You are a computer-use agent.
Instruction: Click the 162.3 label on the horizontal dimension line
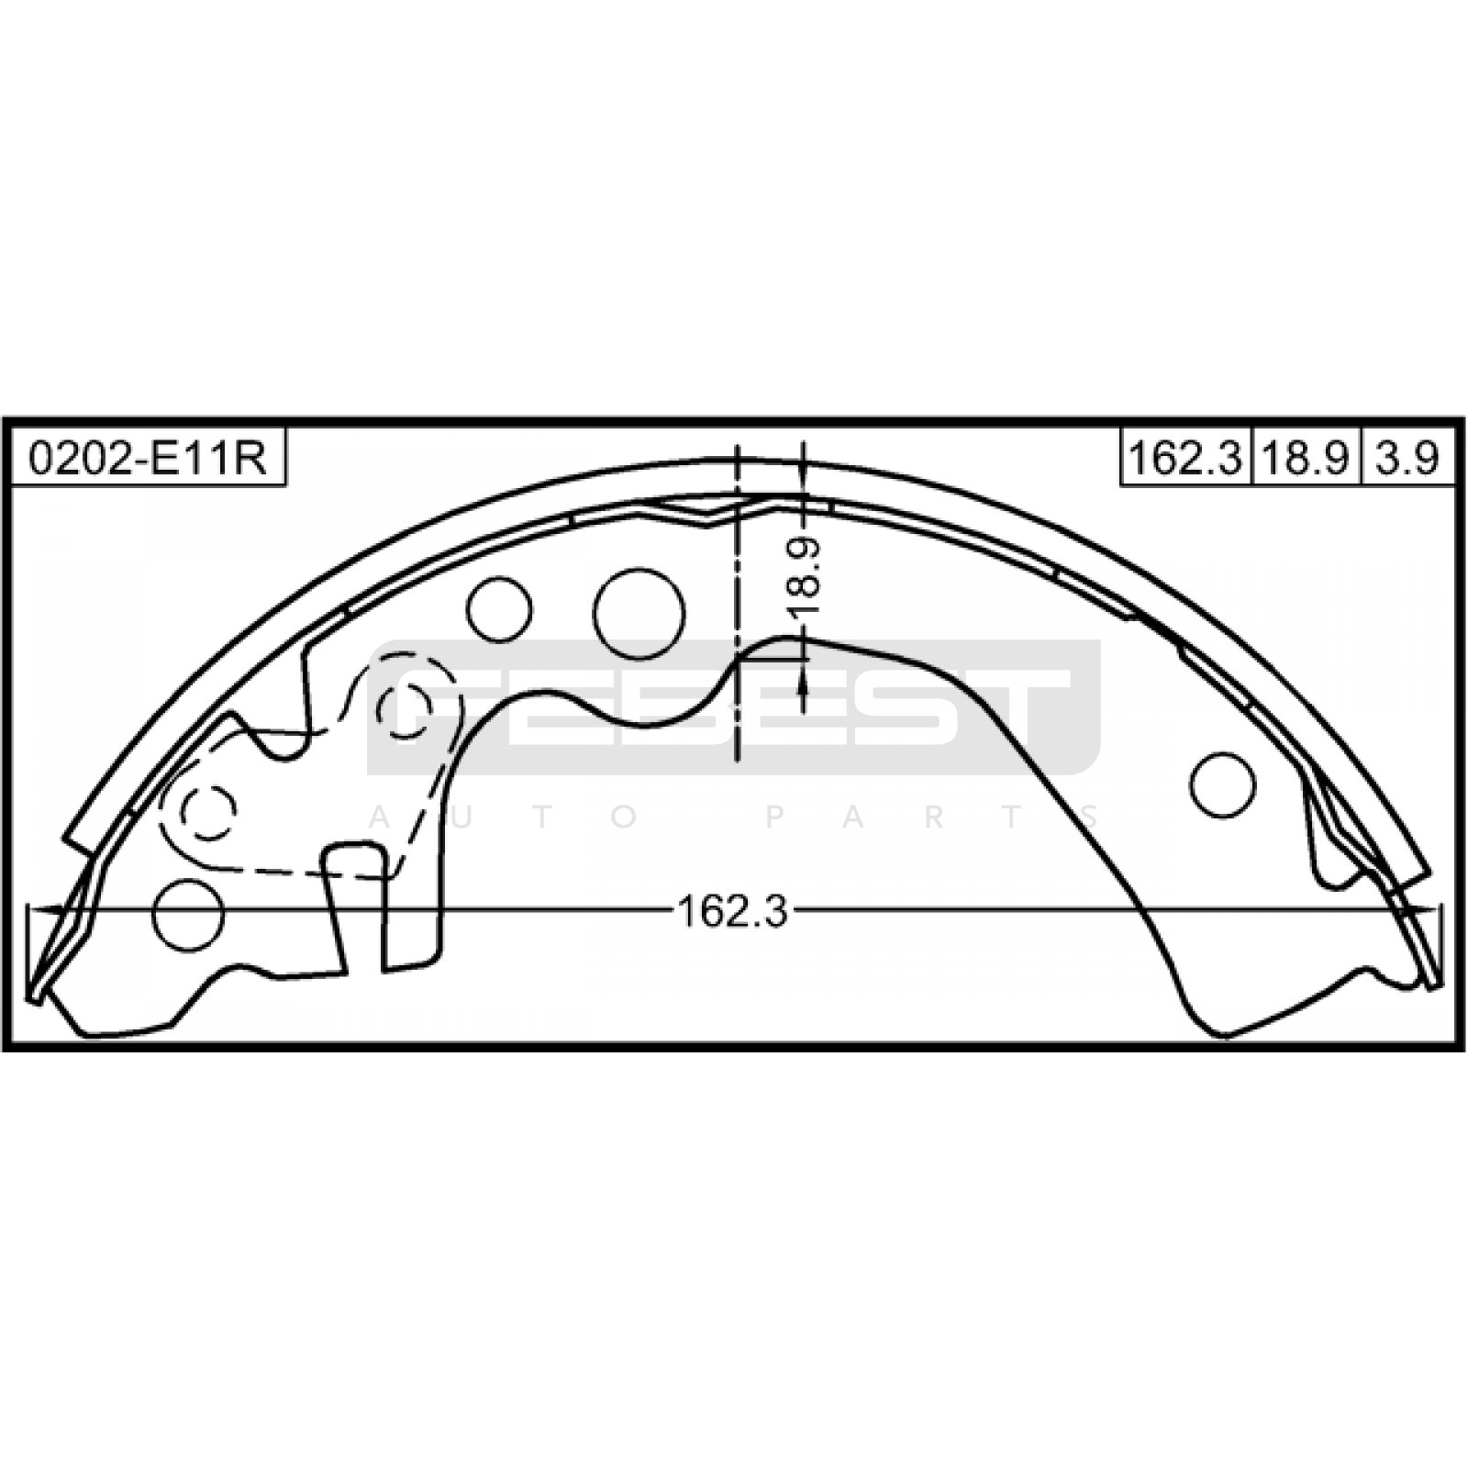(732, 911)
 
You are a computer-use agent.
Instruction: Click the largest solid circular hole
(639, 613)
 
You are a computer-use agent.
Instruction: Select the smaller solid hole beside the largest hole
(499, 609)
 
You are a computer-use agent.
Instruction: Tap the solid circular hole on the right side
(1222, 785)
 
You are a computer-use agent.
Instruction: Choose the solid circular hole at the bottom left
(188, 914)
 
